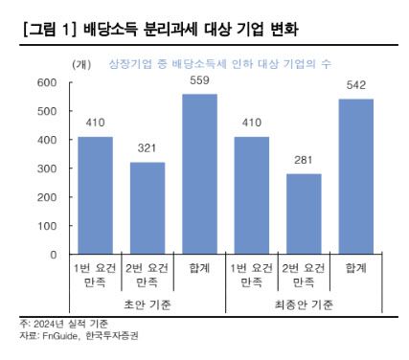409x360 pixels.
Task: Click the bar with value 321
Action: coord(148,209)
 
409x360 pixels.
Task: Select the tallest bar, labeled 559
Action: coord(199,174)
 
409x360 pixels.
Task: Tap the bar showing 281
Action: coord(304,214)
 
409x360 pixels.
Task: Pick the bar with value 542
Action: coord(355,177)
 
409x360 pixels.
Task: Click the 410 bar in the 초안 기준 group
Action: coord(96,196)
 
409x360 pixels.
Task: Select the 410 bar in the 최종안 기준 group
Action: coord(252,196)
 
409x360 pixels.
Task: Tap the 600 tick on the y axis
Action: coord(48,82)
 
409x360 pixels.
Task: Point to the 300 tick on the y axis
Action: coord(48,169)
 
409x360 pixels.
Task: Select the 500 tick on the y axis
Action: coord(48,111)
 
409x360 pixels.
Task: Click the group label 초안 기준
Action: coord(148,304)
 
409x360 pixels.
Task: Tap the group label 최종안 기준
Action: coord(304,304)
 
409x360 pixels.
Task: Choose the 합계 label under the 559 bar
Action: coord(199,270)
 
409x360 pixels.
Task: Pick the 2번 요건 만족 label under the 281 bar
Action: coord(304,276)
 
